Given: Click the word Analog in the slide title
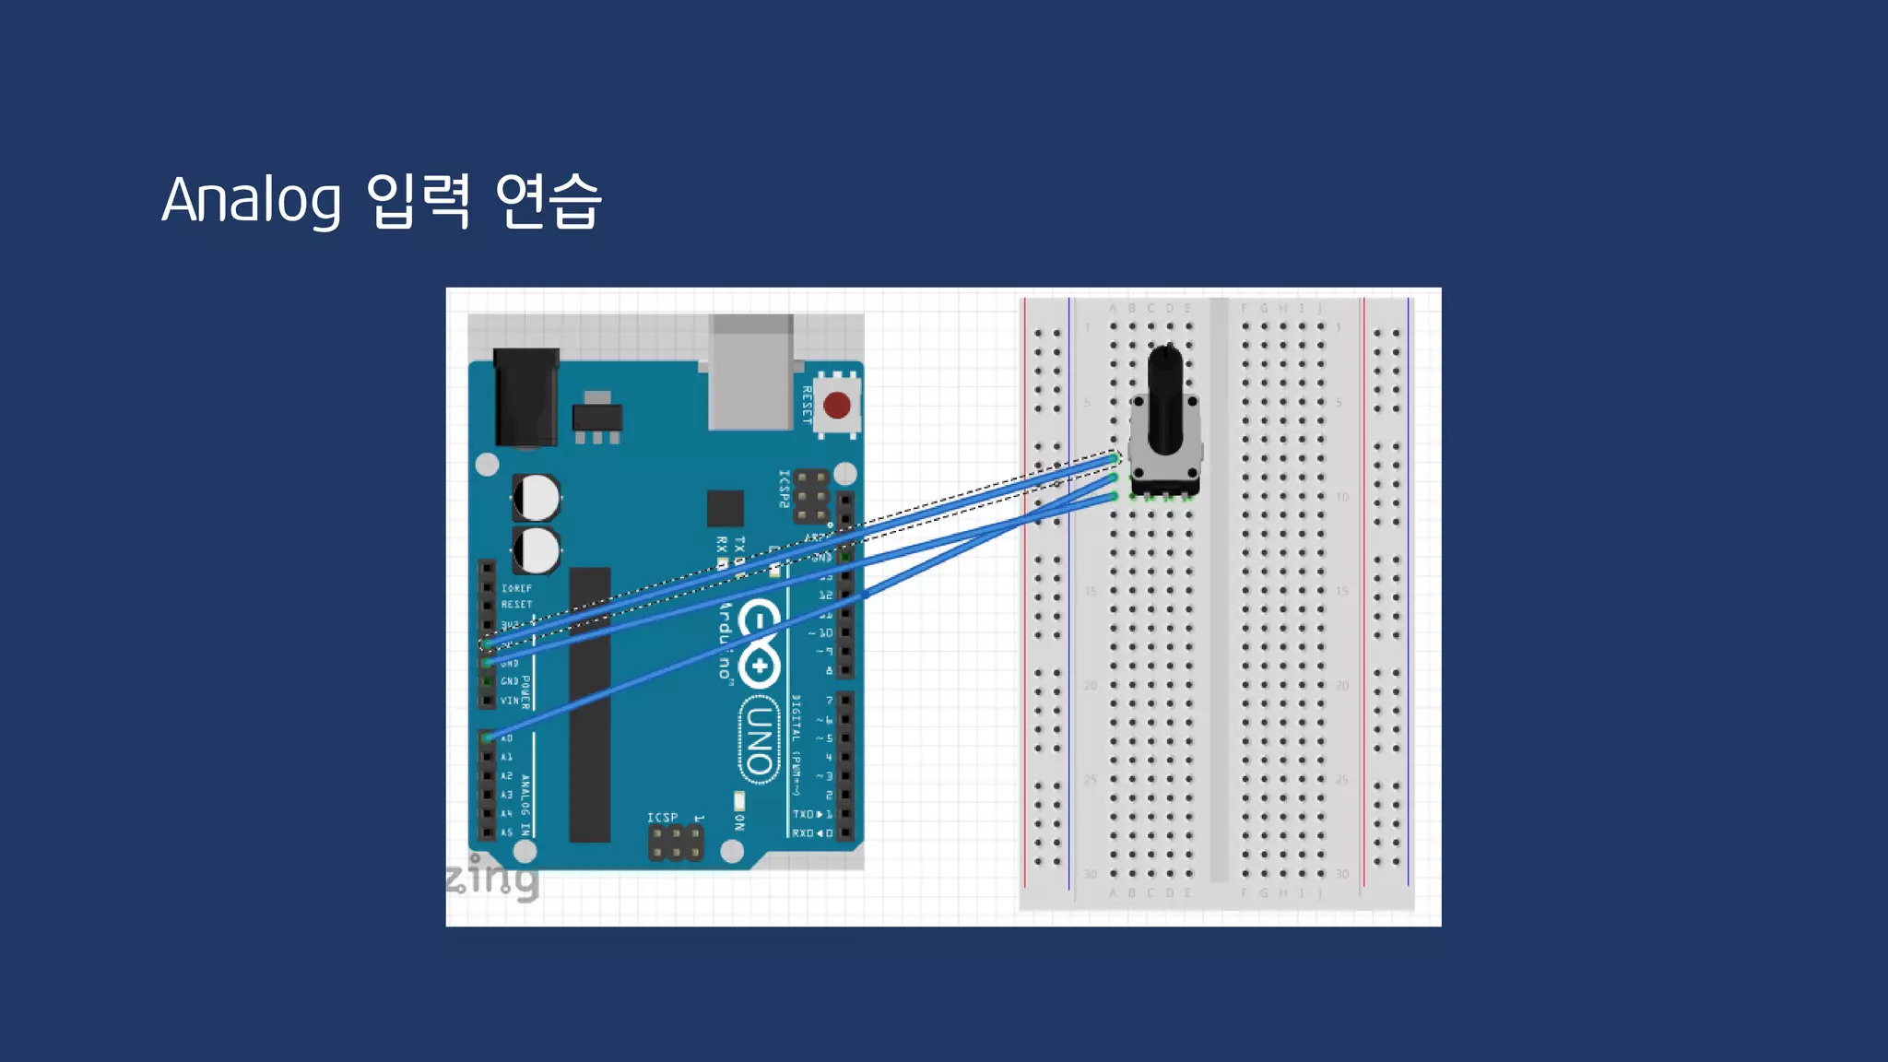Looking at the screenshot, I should pos(251,200).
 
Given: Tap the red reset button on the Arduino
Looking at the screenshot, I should pos(836,405).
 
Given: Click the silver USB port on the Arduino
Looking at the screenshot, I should pos(750,373).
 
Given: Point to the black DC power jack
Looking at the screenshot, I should pos(526,398).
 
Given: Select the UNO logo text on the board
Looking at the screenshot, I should pos(759,740).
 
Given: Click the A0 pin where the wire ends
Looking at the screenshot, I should pos(488,737).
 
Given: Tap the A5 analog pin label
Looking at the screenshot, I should pos(506,832).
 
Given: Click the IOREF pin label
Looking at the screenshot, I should pos(516,588).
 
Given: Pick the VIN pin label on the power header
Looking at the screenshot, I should pos(509,701).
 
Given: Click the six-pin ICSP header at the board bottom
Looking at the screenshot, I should pos(676,843).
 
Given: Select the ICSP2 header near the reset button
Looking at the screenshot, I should pos(811,496).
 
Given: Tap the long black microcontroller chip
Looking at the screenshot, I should pos(590,705).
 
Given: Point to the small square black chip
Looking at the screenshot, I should pos(726,509).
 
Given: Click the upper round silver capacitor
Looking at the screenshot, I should pos(536,498).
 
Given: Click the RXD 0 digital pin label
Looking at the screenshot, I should pos(812,833).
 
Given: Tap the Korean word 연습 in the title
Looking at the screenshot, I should pos(549,200).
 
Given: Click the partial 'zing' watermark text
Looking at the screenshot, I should pos(492,877).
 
